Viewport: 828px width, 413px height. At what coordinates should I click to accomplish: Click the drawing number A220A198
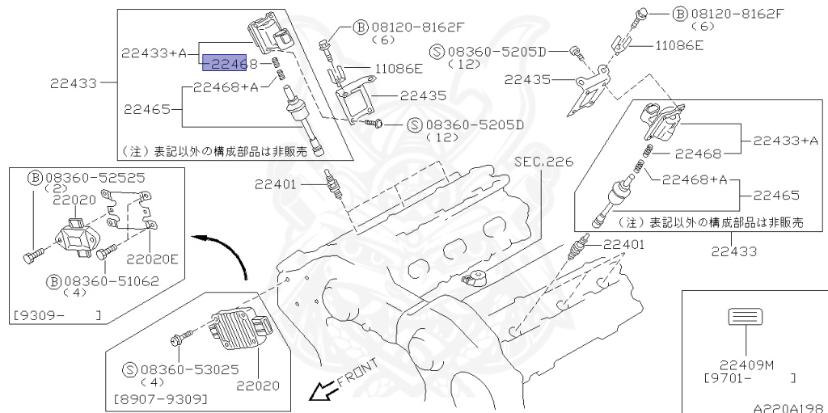(788, 407)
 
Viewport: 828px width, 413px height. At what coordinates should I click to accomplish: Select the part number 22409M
(740, 364)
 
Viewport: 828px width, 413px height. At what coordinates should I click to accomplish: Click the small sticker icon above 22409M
(741, 317)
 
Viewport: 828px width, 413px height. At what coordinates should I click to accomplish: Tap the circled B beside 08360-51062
(54, 281)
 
